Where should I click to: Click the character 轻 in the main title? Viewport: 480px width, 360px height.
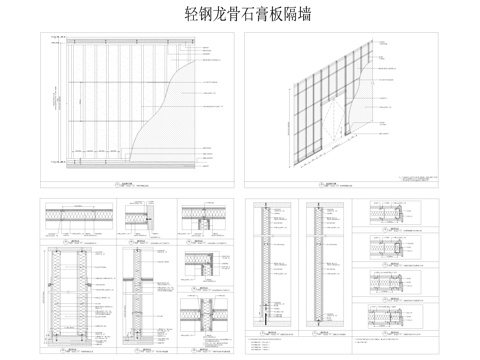192,15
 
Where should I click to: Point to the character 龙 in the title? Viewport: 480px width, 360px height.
220,15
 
